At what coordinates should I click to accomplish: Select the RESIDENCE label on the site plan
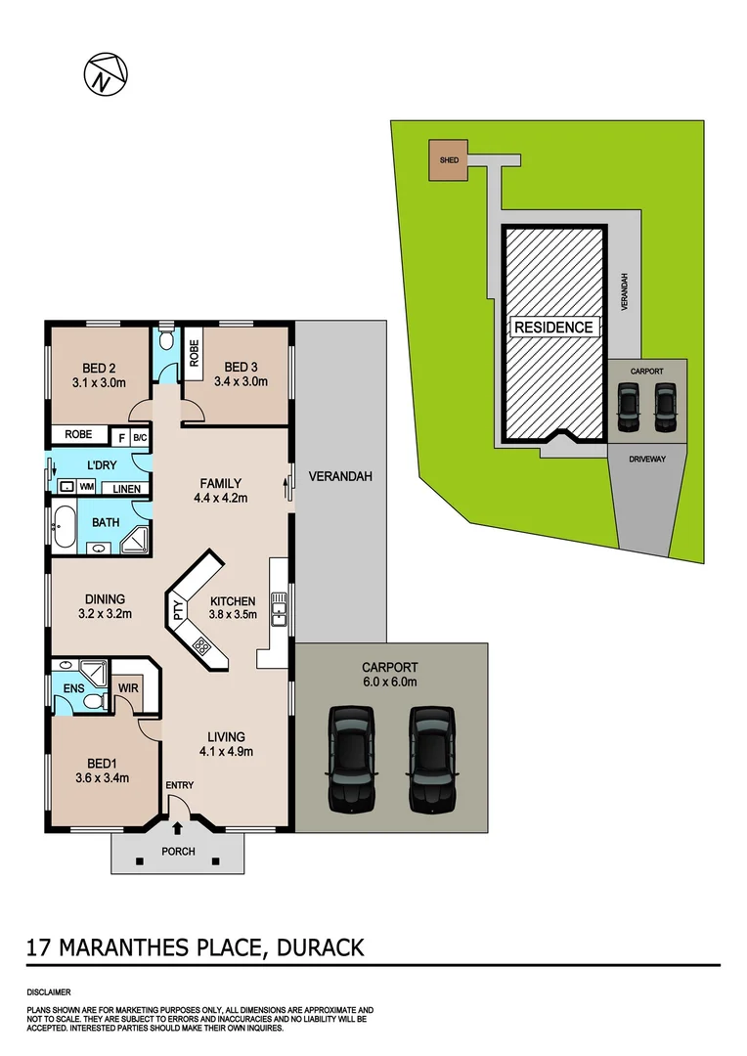553,327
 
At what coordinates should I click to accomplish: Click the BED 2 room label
100,368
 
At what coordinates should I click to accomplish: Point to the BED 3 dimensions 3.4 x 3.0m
238,382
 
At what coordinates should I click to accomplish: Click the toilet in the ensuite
94,700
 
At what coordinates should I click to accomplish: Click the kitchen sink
279,607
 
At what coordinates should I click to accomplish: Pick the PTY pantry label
178,613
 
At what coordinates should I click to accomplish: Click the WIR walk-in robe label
128,689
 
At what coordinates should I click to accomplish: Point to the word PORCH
179,852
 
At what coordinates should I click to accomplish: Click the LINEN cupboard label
126,489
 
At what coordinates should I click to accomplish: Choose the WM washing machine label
87,486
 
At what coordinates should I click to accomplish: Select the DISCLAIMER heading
49,991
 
